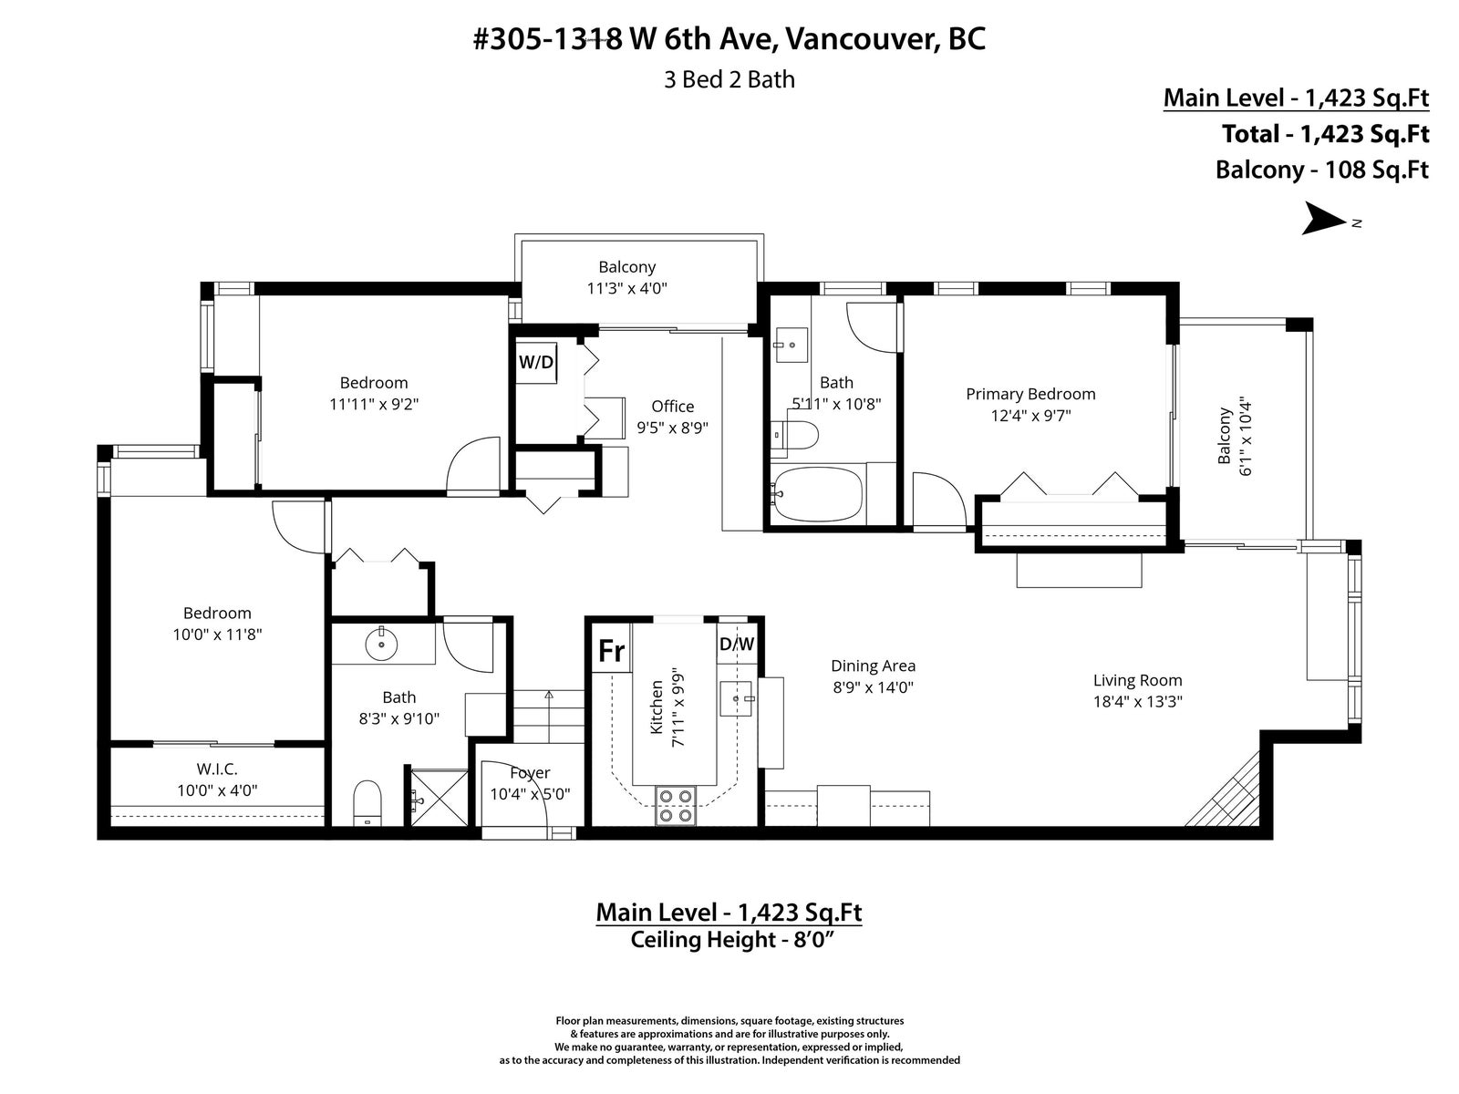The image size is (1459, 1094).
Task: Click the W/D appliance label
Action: tap(536, 362)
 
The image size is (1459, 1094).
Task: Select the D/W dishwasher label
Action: tap(737, 644)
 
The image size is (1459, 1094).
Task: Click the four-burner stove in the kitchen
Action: tap(676, 805)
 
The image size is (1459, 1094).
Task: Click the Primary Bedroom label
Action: tap(1030, 394)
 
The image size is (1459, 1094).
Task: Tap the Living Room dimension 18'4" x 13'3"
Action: tap(1138, 701)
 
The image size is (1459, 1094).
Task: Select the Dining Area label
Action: tap(873, 666)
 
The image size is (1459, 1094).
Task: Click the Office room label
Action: tap(673, 406)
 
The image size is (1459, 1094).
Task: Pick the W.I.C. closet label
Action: tap(217, 769)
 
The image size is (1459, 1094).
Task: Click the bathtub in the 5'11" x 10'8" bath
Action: tap(817, 495)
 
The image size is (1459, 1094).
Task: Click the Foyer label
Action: tap(530, 772)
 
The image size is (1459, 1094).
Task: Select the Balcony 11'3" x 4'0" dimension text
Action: tap(626, 288)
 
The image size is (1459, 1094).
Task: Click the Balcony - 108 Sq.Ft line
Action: tap(1321, 170)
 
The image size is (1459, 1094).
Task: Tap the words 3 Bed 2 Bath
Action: tap(729, 79)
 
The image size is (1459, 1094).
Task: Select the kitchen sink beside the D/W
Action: tap(735, 698)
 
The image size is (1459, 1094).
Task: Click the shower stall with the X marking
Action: tap(440, 798)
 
